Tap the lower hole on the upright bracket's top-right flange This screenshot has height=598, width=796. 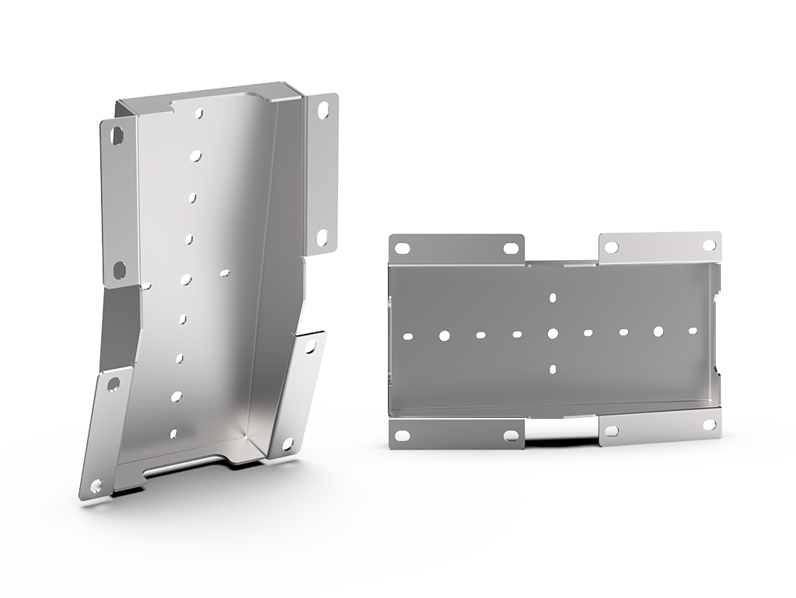322,235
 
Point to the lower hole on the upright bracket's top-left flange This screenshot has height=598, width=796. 119,269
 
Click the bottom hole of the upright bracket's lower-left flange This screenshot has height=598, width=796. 96,485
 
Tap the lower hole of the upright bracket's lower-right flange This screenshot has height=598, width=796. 288,443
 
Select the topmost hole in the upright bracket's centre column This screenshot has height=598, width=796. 200,113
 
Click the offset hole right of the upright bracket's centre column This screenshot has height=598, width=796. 225,273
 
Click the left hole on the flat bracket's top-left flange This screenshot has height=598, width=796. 402,249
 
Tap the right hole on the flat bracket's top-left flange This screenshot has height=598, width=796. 510,249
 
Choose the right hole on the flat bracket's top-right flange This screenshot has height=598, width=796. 709,245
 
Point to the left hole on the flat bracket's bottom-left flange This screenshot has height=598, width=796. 402,436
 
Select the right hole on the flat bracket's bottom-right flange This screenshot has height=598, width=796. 709,424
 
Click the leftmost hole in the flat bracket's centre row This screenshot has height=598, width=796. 408,337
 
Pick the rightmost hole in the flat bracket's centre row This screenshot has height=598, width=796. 693,330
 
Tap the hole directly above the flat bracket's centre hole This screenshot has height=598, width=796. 552,297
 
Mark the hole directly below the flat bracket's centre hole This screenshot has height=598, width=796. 552,369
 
